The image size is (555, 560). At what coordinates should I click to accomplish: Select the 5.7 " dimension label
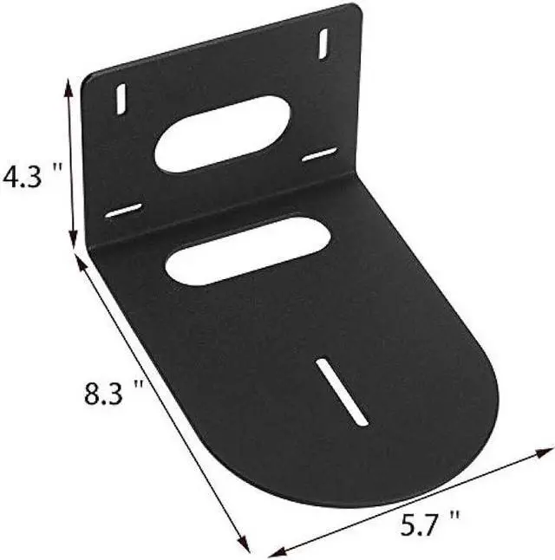coord(430,524)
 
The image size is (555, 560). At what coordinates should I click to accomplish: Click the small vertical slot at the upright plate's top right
coord(323,43)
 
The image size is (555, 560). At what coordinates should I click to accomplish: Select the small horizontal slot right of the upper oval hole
coord(319,155)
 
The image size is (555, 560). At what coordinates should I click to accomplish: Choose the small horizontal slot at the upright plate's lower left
coord(123,210)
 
